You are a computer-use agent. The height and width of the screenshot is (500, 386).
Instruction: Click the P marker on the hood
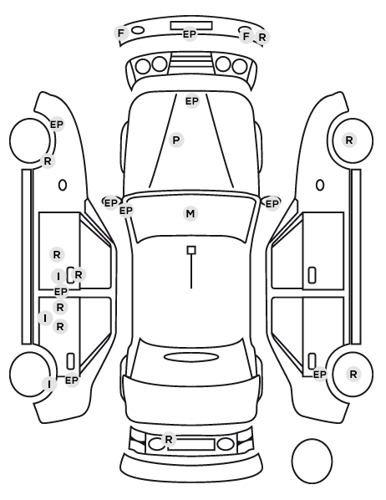[x=176, y=140]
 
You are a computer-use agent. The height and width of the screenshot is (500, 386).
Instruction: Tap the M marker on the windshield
[x=190, y=213]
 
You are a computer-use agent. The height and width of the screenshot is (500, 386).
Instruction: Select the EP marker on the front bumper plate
[x=190, y=34]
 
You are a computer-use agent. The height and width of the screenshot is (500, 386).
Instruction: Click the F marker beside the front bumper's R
[x=246, y=36]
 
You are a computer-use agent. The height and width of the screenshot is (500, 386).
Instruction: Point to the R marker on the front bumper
[x=262, y=38]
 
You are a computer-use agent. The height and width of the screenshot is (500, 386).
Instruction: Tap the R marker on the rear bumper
[x=169, y=439]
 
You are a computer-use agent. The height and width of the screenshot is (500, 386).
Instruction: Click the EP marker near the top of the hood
[x=192, y=101]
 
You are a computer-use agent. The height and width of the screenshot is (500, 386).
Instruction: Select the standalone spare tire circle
[x=312, y=461]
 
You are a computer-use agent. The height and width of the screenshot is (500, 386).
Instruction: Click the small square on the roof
[x=191, y=250]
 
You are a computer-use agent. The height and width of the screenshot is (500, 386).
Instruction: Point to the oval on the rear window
[x=191, y=357]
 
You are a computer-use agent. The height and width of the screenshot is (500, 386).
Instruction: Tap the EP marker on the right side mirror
[x=272, y=203]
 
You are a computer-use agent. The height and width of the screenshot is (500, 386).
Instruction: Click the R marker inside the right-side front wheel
[x=349, y=140]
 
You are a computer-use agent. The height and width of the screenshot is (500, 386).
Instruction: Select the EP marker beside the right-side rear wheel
[x=320, y=374]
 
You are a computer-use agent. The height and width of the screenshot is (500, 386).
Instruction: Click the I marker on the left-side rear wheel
[x=49, y=385]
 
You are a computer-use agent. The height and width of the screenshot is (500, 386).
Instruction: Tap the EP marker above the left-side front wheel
[x=57, y=125]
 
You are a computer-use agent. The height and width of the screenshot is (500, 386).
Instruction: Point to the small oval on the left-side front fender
[x=63, y=185]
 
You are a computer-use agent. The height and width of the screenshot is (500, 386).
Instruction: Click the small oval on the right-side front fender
[x=320, y=185]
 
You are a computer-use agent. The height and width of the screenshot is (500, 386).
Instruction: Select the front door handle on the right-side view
[x=312, y=275]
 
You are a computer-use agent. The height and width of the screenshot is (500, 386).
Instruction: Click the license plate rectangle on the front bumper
[x=191, y=26]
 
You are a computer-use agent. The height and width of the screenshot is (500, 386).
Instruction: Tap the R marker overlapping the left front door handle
[x=79, y=274]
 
